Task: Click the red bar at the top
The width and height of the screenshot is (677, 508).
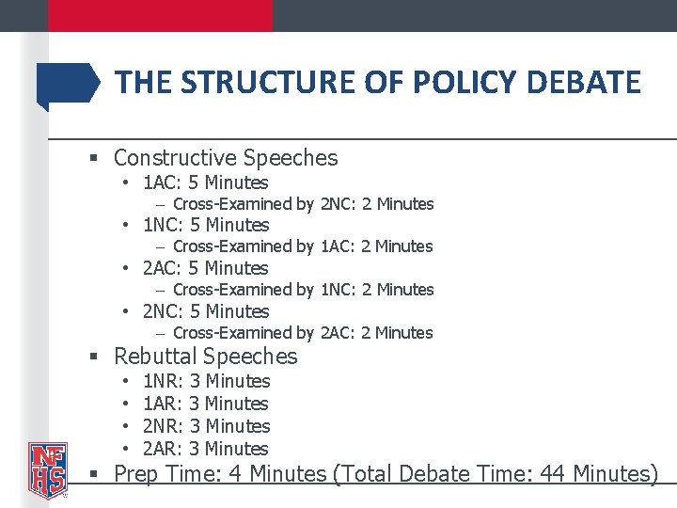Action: pyautogui.click(x=160, y=15)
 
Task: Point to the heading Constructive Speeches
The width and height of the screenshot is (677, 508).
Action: pyautogui.click(x=225, y=158)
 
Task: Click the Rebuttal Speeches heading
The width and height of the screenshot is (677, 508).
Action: pyautogui.click(x=205, y=357)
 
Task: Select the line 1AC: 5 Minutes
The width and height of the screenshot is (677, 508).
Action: pyautogui.click(x=205, y=183)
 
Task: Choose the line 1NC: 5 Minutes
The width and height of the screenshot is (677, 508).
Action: pyautogui.click(x=205, y=225)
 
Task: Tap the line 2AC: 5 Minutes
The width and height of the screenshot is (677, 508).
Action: pyautogui.click(x=205, y=268)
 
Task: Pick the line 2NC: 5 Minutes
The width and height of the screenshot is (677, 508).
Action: pyautogui.click(x=205, y=311)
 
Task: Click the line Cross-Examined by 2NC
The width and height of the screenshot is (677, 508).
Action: pyautogui.click(x=303, y=204)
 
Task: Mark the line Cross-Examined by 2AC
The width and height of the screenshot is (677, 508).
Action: pyautogui.click(x=303, y=333)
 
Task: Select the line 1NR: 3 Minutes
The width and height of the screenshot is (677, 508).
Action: pyautogui.click(x=205, y=381)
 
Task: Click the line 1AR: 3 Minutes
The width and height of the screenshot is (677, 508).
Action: pyautogui.click(x=205, y=404)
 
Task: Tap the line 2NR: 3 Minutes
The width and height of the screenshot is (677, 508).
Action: pyautogui.click(x=205, y=426)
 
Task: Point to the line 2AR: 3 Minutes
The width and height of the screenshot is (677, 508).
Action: pyautogui.click(x=205, y=449)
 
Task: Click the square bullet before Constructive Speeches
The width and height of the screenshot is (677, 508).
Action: pyautogui.click(x=94, y=159)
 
